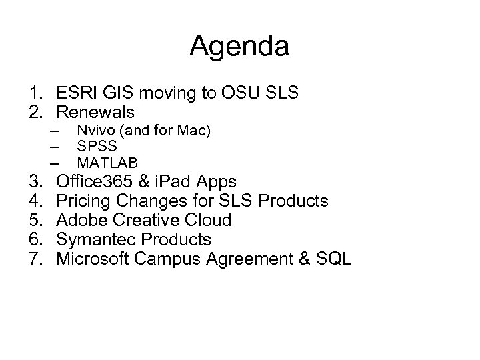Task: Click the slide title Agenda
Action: click(x=239, y=46)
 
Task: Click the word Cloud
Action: click(x=207, y=220)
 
